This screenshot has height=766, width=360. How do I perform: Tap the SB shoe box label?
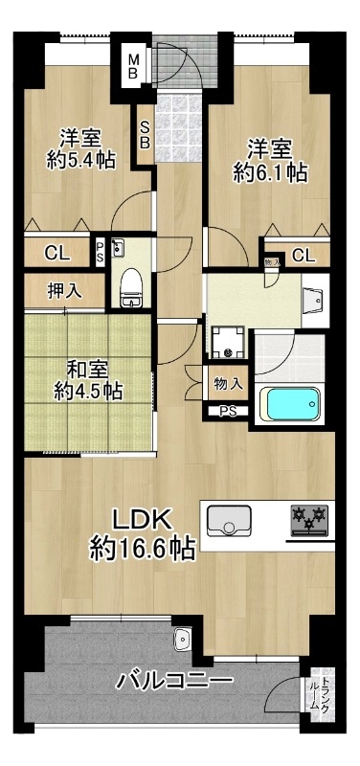146,134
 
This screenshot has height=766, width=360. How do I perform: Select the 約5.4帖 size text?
81,159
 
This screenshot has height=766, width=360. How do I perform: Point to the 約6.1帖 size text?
270,173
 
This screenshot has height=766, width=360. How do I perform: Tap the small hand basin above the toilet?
118,248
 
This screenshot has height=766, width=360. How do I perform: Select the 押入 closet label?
64,290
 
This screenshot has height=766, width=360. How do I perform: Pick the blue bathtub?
290,403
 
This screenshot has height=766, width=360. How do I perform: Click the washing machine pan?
227,342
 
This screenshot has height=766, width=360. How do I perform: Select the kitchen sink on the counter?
229,521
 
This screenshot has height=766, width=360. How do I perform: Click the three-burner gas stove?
308,520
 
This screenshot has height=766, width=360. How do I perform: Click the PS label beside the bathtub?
227,411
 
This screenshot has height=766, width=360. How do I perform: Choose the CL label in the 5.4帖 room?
58,254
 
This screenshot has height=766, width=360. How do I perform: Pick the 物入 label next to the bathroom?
229,384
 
